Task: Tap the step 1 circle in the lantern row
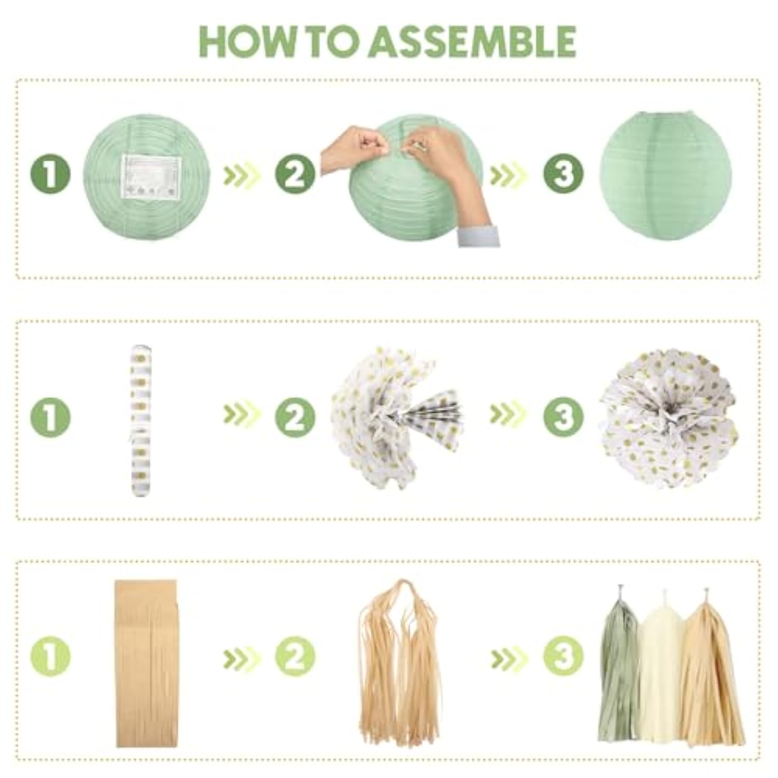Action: pos(50,174)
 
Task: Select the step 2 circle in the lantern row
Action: pos(295,174)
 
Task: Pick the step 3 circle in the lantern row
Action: pos(563,174)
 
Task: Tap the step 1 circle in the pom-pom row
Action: pos(50,416)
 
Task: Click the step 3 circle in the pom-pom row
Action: pos(563,416)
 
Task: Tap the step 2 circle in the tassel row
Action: pos(295,657)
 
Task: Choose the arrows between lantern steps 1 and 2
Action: pos(241,175)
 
